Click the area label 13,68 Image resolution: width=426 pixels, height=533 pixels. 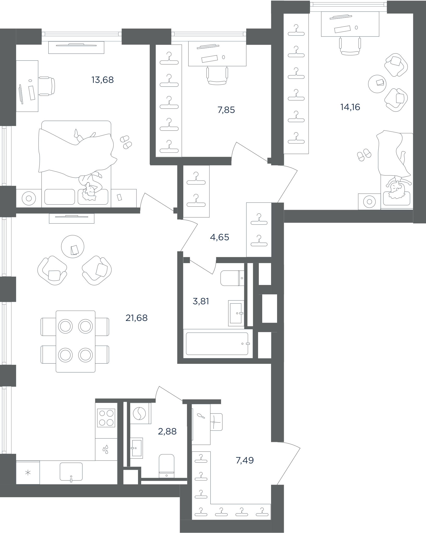coord(103,80)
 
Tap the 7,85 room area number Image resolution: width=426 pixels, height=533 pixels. coord(226,110)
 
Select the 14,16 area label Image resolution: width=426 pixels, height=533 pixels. coord(350,107)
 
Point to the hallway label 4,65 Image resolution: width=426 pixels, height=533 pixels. coord(220,237)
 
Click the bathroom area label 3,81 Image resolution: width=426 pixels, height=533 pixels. coord(201,301)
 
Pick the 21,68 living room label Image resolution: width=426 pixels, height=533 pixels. coord(136,318)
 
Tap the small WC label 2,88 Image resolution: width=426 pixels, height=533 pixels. coord(167,432)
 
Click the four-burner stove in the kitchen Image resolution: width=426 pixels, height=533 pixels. coord(106,418)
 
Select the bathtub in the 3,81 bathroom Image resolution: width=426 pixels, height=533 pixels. coord(217,344)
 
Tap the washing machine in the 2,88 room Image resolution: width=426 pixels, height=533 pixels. coord(140,414)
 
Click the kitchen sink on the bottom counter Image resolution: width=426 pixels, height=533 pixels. coord(71,472)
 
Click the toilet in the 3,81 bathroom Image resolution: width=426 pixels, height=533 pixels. coord(232,278)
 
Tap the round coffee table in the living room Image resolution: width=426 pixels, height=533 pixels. coord(73,246)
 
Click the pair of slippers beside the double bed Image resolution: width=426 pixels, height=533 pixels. coord(126,142)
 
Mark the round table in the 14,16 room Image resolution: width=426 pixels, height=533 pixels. coord(377,84)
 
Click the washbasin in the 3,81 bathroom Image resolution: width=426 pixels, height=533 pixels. coord(236,313)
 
